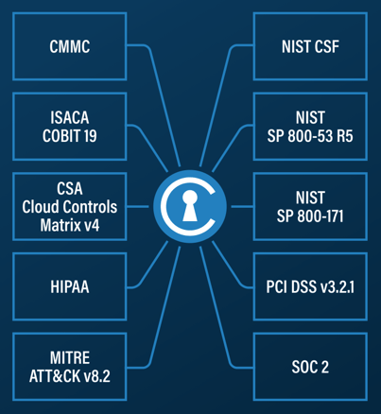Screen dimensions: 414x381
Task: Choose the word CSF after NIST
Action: (325, 46)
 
